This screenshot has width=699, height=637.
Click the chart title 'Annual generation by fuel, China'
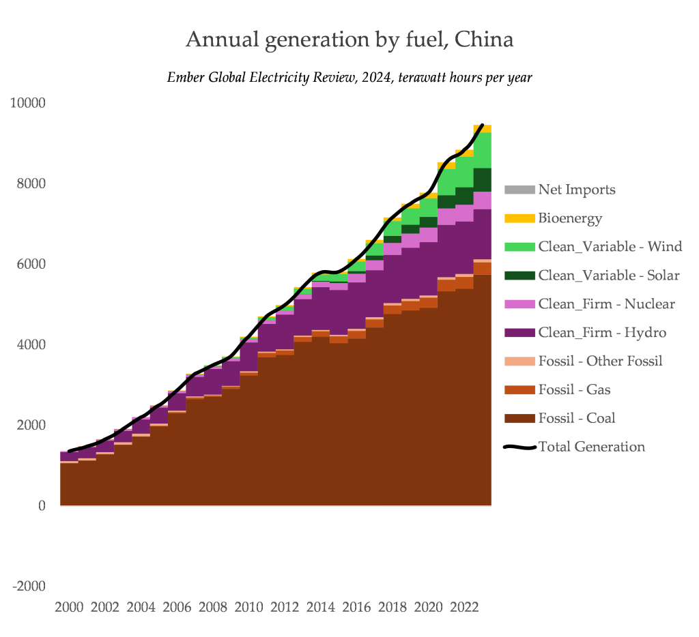[349, 40]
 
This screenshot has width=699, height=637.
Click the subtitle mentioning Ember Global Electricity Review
[349, 78]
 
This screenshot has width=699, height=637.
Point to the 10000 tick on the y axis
[27, 103]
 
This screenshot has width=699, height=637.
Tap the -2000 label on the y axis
[28, 587]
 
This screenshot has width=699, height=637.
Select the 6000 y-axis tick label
[31, 264]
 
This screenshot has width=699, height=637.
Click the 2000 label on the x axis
[69, 607]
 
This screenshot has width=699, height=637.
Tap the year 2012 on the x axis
[283, 607]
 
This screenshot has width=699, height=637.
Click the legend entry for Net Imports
[576, 190]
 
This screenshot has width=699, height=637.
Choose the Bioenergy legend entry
[570, 218]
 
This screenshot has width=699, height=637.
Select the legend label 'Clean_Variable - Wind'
[610, 247]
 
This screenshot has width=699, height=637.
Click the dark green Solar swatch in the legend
[519, 276]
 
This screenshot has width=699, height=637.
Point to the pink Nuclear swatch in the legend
[519, 304]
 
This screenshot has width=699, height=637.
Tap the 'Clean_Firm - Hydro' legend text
[602, 333]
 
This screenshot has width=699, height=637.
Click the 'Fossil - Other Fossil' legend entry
[600, 361]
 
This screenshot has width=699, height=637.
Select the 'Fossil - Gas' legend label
[574, 390]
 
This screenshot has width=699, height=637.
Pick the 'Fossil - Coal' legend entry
[576, 418]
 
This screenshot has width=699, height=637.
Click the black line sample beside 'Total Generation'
[519, 447]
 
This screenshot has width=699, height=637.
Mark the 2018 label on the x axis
[390, 607]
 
